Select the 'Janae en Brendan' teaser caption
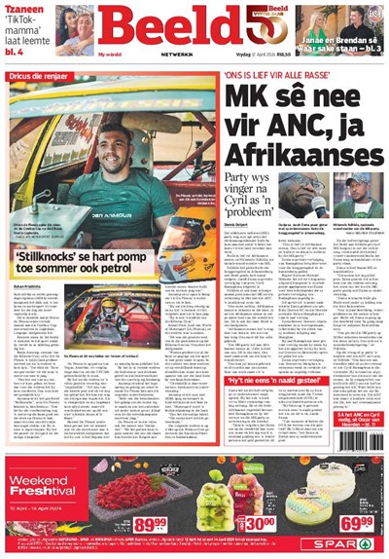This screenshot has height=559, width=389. point(331,40)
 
